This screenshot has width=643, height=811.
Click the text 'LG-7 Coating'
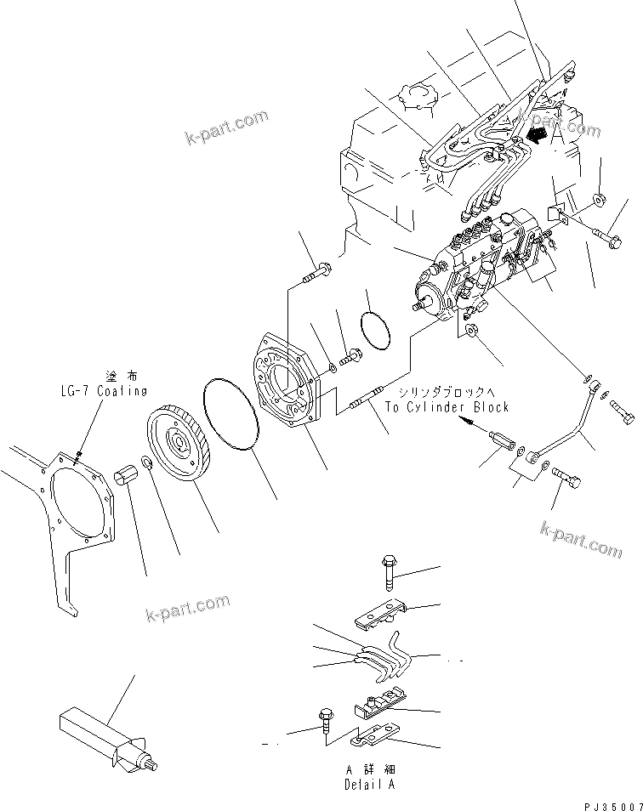tap(103, 391)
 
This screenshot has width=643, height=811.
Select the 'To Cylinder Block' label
tap(447, 407)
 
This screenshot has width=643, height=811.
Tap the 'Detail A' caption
tap(369, 785)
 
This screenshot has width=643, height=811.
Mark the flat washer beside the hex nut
tap(147, 463)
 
